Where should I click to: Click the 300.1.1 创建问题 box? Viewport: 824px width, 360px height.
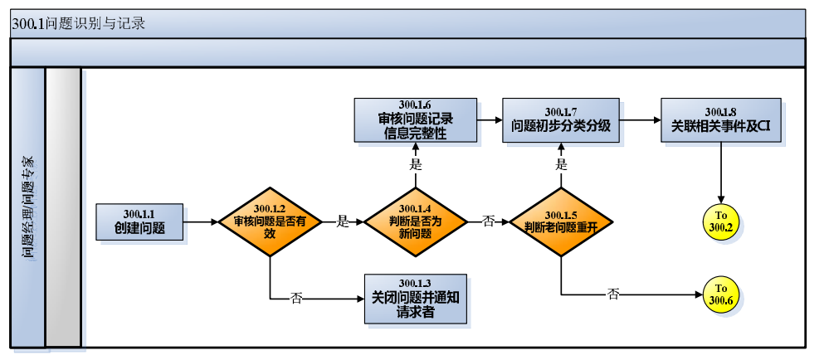click(x=139, y=221)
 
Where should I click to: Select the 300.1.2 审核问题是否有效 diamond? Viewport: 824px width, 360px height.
click(x=270, y=222)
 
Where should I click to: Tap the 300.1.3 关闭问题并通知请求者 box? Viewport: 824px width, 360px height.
click(x=416, y=299)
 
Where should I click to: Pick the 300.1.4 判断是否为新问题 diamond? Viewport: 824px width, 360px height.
click(x=415, y=221)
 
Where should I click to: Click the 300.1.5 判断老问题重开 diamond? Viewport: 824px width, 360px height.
click(x=561, y=222)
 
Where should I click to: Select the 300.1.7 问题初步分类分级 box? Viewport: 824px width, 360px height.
click(x=561, y=119)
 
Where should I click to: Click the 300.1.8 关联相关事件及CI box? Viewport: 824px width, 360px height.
click(x=720, y=119)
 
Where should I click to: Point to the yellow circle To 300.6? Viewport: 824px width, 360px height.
click(x=720, y=294)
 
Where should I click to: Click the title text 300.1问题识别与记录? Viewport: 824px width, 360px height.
click(x=79, y=23)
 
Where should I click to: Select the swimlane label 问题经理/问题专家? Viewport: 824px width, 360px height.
click(x=28, y=207)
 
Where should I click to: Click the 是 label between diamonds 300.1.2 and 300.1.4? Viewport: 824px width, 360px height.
click(x=342, y=221)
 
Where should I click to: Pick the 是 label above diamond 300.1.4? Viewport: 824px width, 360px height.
click(x=415, y=164)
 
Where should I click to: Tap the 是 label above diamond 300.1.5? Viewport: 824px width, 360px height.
click(x=561, y=164)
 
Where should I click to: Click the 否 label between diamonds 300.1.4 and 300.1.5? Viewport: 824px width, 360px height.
click(x=488, y=221)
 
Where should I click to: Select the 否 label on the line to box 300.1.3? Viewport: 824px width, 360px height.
click(x=296, y=298)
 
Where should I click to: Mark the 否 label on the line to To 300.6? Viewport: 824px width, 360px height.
click(x=613, y=294)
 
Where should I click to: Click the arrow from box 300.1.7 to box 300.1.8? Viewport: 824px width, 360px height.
click(x=640, y=119)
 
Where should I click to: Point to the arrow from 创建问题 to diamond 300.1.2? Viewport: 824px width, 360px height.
click(x=201, y=222)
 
